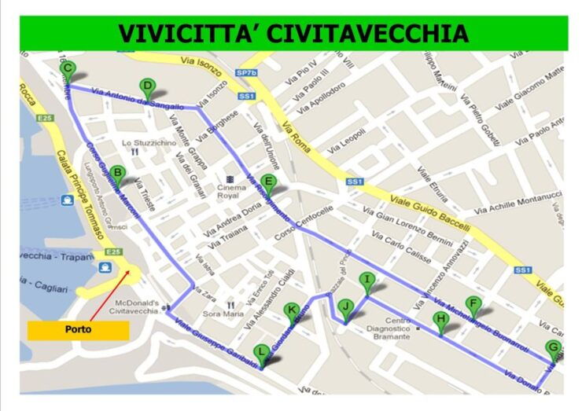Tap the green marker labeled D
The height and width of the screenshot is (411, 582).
click(146, 87)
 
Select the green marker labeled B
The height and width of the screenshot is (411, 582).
click(117, 174)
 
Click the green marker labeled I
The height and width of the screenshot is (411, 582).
click(367, 281)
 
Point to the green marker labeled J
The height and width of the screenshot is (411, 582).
click(344, 307)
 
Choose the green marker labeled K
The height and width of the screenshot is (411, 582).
click(292, 311)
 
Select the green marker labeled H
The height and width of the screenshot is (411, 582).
click(440, 320)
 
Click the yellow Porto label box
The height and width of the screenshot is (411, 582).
click(78, 330)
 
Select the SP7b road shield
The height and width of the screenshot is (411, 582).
click(246, 73)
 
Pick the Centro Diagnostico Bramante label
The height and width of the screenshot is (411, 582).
click(385, 329)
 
